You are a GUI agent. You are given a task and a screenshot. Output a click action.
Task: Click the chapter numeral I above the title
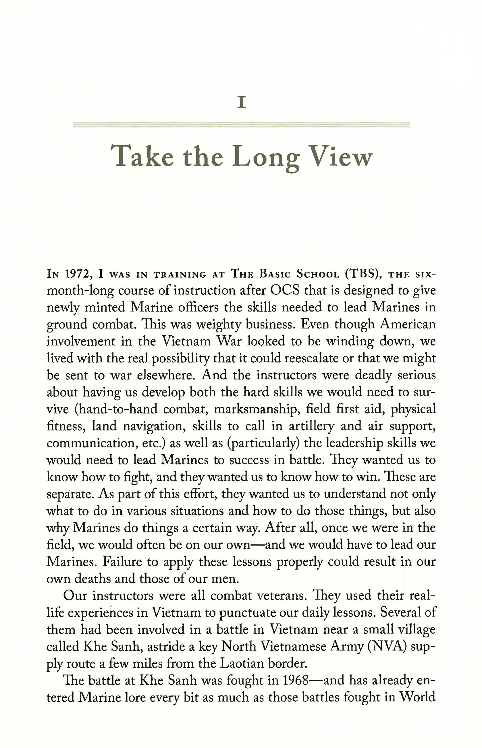[x=241, y=103]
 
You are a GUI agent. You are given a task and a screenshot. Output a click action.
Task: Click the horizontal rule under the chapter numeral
[x=241, y=125]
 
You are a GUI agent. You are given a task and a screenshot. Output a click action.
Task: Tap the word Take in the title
[x=142, y=156]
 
